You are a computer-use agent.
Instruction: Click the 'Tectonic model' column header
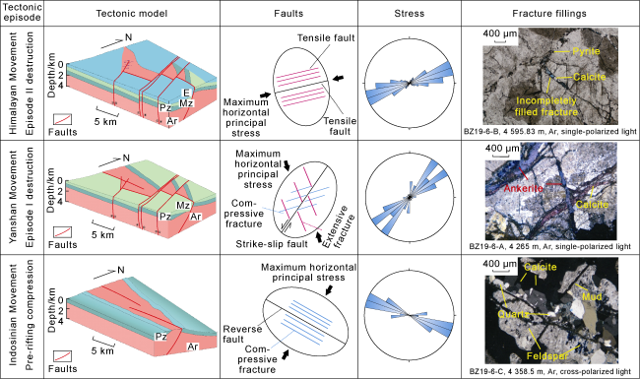coord(131,14)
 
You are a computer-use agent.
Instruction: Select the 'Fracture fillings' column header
coord(549,14)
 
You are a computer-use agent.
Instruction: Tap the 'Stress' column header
coord(410,14)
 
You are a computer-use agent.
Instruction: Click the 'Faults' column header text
coord(288,14)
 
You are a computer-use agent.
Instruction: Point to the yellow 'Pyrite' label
coord(586,51)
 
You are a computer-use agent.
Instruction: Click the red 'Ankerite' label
coord(523,188)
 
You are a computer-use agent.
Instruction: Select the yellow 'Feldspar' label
coord(547,356)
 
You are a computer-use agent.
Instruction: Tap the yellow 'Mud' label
coord(592,296)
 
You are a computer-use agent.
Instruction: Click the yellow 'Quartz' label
coord(513,314)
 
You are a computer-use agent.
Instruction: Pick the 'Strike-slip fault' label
coord(272,244)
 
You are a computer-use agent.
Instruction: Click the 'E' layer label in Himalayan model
coord(186,94)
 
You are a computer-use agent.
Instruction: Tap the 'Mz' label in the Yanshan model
coord(182,205)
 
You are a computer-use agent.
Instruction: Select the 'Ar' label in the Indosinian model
coord(192,347)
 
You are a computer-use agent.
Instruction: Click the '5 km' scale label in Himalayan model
coord(105,121)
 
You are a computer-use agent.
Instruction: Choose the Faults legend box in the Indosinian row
coord(62,356)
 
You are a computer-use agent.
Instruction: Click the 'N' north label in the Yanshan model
coord(126,158)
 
